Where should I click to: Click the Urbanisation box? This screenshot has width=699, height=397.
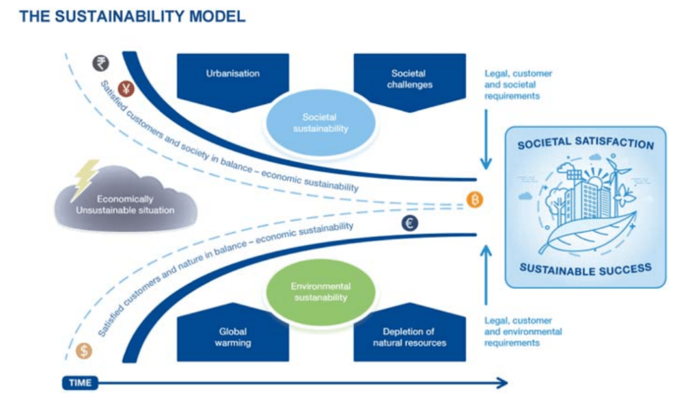(x=233, y=75)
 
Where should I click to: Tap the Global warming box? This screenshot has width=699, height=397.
(x=233, y=337)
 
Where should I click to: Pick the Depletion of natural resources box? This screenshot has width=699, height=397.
(x=409, y=337)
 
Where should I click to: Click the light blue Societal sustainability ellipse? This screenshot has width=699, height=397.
(x=320, y=123)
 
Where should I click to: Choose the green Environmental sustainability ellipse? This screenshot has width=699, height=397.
(x=320, y=292)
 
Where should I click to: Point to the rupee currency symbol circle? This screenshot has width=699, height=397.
(x=100, y=64)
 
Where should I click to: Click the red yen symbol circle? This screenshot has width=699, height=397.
(x=126, y=88)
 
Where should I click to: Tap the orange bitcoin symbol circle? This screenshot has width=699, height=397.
(x=475, y=200)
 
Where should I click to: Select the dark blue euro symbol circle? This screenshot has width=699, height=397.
(x=410, y=222)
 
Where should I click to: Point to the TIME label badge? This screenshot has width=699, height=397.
(x=80, y=383)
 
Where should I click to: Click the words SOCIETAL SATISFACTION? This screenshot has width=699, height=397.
(x=585, y=144)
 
